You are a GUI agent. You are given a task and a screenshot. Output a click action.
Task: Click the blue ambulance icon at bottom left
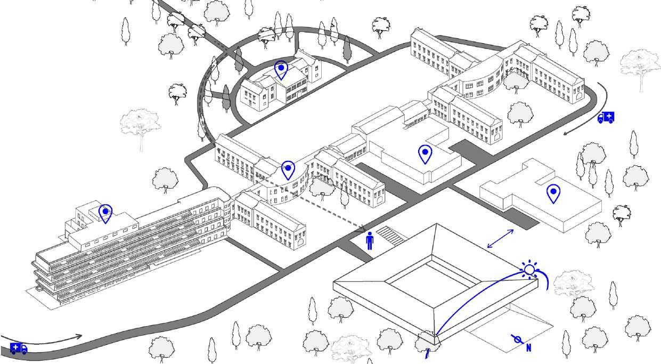pos(19,349)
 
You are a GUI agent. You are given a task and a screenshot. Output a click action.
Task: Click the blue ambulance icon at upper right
pos(606,117)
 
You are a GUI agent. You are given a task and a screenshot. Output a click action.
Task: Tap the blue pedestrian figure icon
pos(370,241)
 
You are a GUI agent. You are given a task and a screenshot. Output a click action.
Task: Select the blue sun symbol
pos(529,270)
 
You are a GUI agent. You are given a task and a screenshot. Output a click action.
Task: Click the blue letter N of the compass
pos(529,348)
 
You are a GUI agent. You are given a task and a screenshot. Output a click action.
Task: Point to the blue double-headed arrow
pos(501,238)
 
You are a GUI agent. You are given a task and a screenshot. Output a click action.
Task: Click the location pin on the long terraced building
pos(105,213)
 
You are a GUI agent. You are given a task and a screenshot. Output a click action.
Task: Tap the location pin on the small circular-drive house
pos(281,70)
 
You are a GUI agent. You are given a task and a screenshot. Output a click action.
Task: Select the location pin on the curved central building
pos(288,169)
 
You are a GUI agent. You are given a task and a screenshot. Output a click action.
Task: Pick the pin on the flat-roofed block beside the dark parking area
pos(425,154)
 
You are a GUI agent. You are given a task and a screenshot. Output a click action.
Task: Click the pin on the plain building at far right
pos(553,193)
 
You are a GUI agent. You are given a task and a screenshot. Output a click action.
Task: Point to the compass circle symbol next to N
pos(517,339)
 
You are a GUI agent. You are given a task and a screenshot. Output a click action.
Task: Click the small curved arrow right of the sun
pos(545,279)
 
